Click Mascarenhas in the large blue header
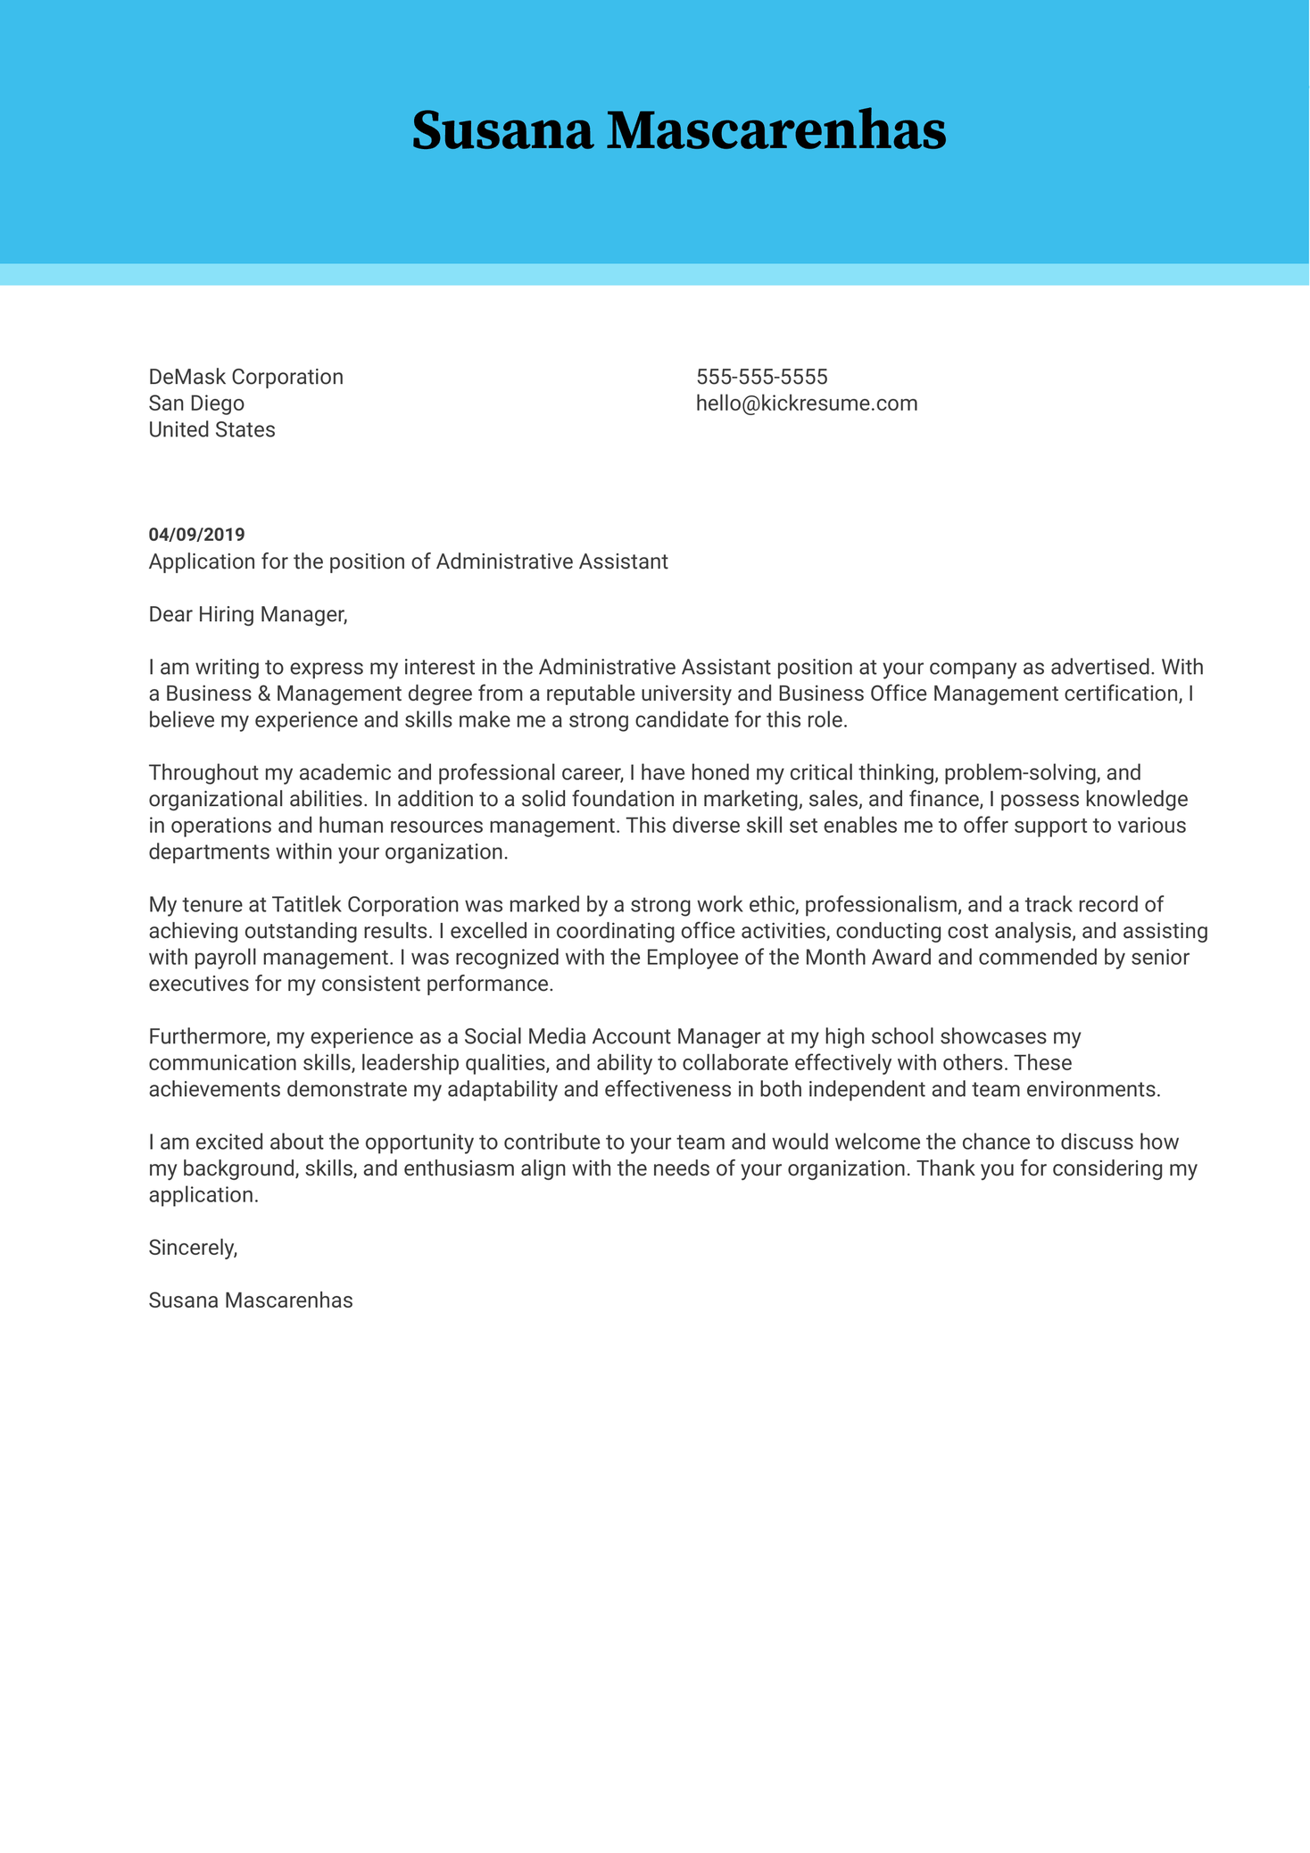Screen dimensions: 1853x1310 coord(776,131)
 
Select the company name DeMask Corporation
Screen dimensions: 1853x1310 coord(245,377)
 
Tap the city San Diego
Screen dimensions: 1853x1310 coord(196,403)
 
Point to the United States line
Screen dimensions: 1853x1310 coord(211,430)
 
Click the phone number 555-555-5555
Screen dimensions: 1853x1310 coord(761,377)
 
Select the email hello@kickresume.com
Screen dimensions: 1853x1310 coord(806,403)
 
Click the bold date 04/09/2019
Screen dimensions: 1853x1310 coord(196,535)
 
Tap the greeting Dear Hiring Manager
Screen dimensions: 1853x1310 coord(247,614)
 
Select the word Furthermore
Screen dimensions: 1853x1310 coord(209,1037)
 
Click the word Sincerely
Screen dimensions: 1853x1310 coord(193,1248)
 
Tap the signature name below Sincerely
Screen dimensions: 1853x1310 coord(251,1300)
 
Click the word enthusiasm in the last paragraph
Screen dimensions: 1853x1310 coord(461,1168)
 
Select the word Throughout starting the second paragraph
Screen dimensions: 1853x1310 coord(202,773)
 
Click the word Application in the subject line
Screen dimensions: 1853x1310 coord(198,561)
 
